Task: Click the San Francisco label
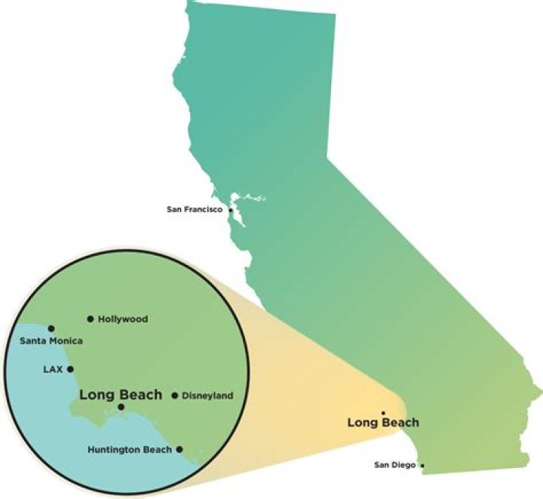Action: [195, 209]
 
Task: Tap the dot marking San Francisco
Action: [230, 209]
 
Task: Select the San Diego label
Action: [394, 465]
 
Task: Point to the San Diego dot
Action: [422, 466]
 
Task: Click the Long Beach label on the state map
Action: [383, 423]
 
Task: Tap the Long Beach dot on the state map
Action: [383, 413]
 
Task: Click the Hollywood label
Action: [123, 319]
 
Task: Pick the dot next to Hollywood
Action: [90, 319]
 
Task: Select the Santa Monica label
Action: [51, 341]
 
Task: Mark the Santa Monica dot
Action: [51, 328]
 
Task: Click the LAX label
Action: [52, 370]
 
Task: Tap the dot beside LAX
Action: [70, 369]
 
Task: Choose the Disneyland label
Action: [208, 396]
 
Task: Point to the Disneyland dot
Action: [175, 396]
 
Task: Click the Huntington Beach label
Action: [130, 450]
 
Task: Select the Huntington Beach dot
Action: [179, 449]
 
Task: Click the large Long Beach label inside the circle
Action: [121, 394]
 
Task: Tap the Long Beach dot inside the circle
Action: [121, 408]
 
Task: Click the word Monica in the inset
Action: [66, 341]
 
